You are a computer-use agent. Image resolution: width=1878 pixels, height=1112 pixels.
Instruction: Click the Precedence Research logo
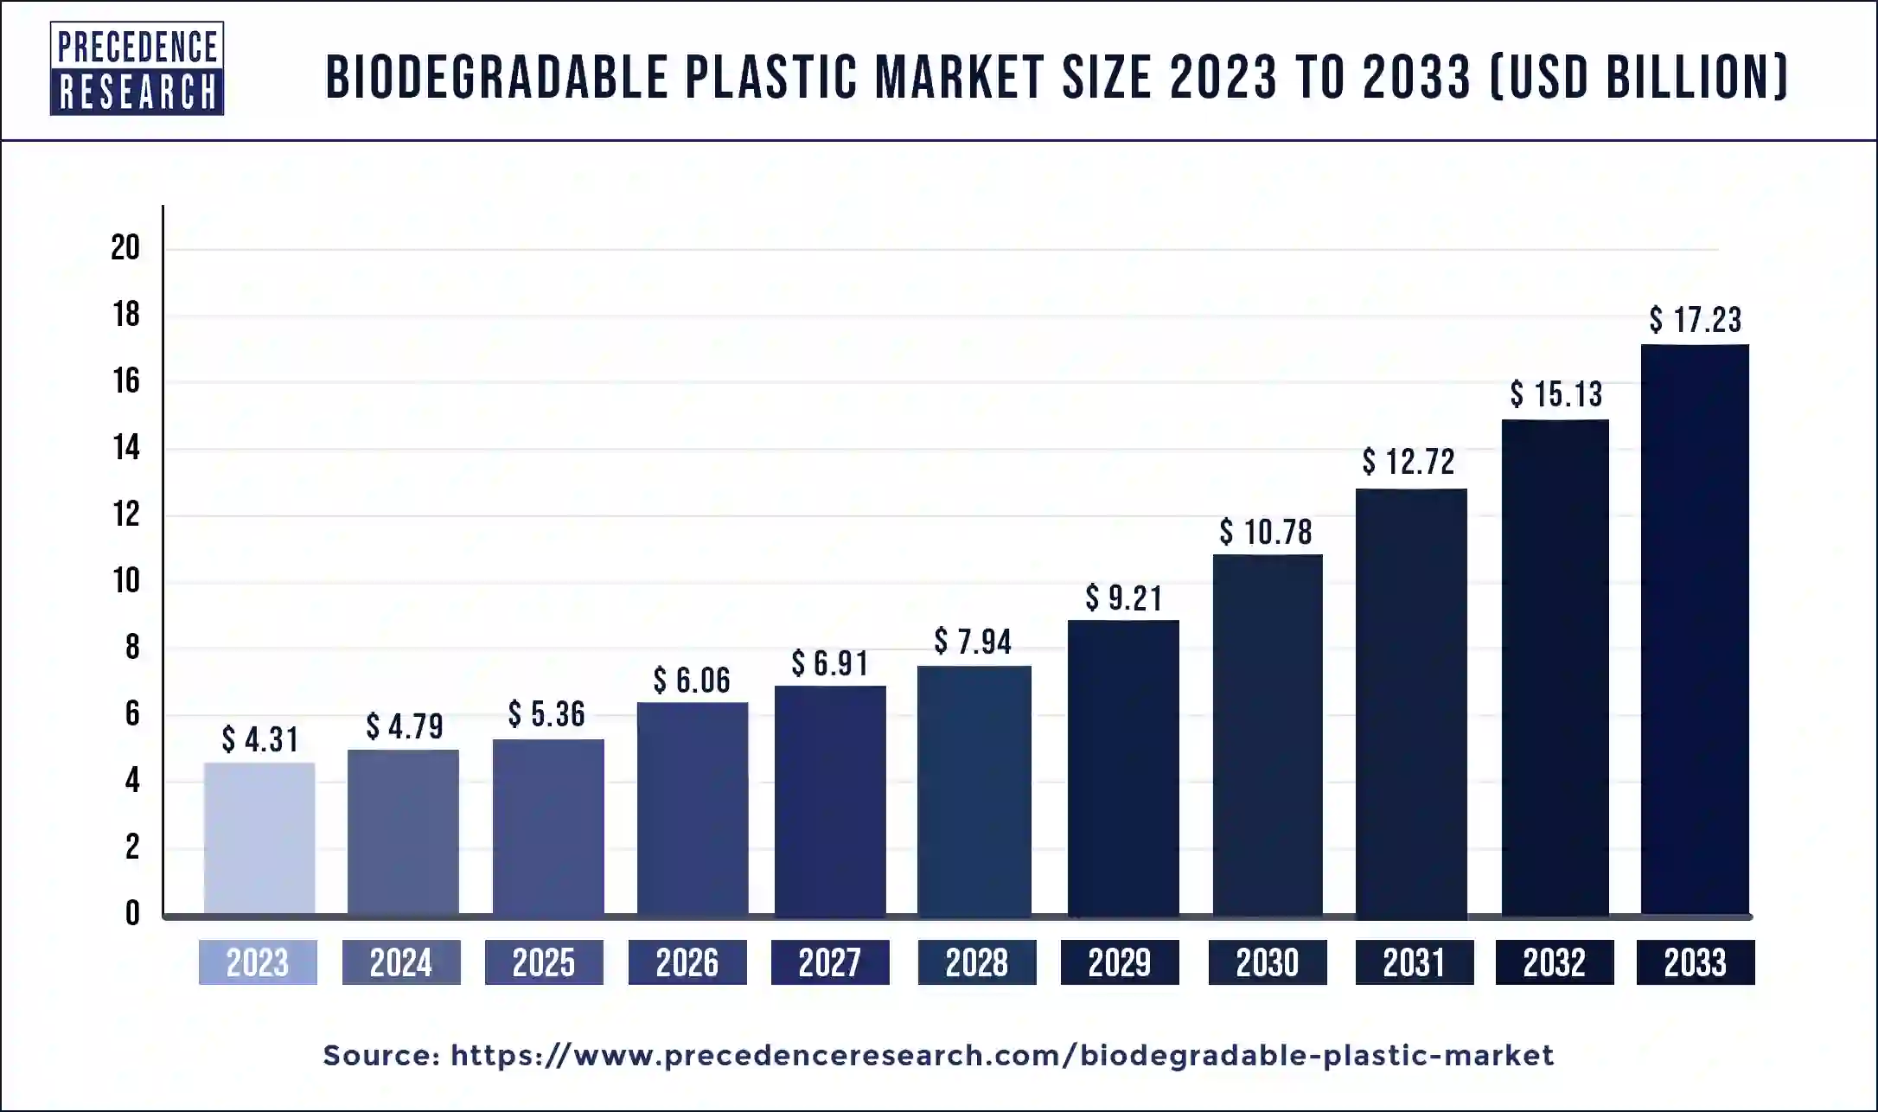tap(137, 68)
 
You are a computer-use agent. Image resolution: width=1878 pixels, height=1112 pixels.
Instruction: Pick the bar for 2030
tap(1268, 734)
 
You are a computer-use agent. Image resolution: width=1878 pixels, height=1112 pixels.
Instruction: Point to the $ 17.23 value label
tap(1695, 320)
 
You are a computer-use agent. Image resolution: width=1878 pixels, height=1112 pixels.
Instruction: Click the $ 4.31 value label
tap(259, 739)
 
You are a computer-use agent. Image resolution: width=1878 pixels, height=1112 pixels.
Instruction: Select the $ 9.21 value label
tap(1124, 598)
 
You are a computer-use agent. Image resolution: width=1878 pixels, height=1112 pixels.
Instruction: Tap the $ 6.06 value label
tap(692, 681)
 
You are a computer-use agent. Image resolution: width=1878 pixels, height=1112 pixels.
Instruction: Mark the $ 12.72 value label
tap(1408, 462)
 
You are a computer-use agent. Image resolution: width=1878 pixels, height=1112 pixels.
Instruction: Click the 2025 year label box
tap(544, 962)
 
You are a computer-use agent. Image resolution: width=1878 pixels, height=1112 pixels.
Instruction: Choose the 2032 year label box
tap(1555, 962)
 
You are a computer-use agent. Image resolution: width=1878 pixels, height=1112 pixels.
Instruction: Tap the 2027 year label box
tap(830, 962)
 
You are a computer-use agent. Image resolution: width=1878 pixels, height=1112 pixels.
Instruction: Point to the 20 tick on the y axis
tap(126, 248)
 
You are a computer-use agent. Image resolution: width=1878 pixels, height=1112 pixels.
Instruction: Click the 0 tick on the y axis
tap(132, 913)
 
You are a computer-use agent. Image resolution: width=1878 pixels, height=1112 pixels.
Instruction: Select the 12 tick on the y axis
tap(126, 514)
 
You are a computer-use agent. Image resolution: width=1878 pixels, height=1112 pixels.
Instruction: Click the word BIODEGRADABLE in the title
tap(497, 77)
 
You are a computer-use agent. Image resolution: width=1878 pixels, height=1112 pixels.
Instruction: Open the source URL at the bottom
tap(1002, 1056)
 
